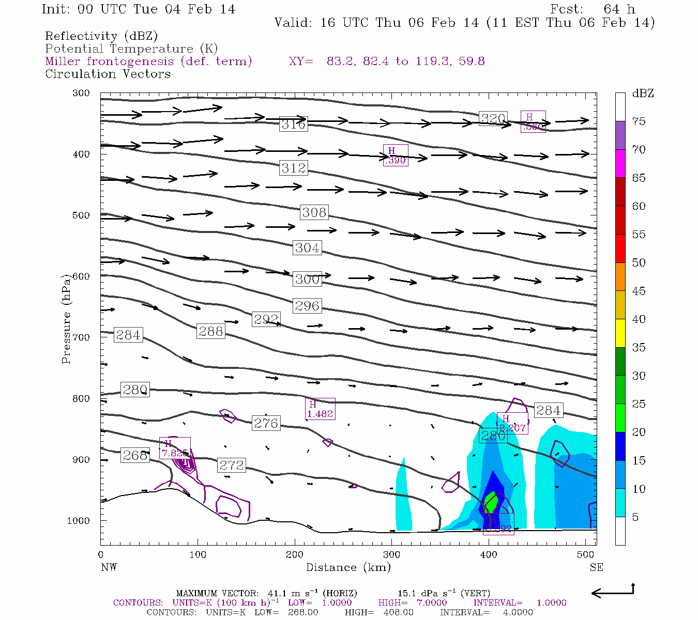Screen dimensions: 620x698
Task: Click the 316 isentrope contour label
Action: pos(293,124)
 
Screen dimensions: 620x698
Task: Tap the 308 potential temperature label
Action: pos(314,212)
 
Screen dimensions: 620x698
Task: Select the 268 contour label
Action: pos(135,455)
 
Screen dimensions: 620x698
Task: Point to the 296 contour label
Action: pos(307,306)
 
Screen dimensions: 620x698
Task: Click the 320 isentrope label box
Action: pos(493,119)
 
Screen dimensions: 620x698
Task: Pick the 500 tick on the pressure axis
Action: pos(81,215)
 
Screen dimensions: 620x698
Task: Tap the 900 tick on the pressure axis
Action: pos(81,460)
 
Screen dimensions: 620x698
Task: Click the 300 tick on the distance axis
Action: pos(391,555)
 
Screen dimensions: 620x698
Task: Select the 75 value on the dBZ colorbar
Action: pos(639,121)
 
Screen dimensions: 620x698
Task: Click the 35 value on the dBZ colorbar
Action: pos(639,348)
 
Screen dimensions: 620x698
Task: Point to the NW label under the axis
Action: pos(109,567)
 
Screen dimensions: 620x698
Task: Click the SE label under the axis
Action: pos(596,567)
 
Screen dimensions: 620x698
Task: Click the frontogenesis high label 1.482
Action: pos(320,409)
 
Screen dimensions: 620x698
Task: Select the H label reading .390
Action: pos(396,156)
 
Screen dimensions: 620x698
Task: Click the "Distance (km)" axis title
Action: pos(348,567)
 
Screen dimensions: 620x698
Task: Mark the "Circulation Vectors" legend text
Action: pos(108,74)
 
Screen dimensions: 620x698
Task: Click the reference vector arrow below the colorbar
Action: pos(612,592)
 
